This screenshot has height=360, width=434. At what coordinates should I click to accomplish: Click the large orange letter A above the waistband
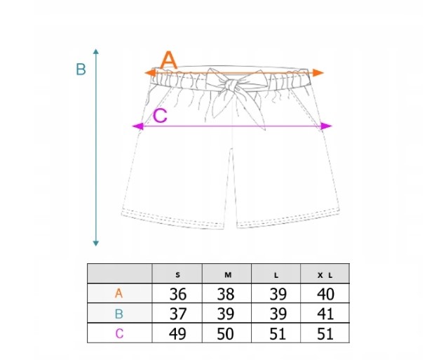[168, 60]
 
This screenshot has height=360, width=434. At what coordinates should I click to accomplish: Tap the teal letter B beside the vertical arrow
[81, 69]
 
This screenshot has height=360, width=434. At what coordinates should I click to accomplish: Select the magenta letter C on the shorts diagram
[160, 115]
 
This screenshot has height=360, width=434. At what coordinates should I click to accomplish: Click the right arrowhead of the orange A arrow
[318, 73]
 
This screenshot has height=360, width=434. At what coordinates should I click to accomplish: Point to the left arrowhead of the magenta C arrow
[138, 126]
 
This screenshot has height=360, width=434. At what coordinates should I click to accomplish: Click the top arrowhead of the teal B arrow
[96, 51]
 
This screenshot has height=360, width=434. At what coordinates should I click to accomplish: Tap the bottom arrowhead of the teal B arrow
[96, 244]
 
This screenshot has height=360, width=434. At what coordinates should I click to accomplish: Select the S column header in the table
[177, 275]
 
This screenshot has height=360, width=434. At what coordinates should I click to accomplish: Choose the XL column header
[325, 275]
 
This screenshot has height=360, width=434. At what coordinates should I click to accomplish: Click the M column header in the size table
[228, 275]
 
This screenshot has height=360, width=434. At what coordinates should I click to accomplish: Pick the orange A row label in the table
[118, 293]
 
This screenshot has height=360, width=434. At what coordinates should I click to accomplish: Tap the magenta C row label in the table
[119, 333]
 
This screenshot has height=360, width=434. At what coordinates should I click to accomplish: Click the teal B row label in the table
[118, 314]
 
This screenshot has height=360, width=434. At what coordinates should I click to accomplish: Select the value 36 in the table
[177, 294]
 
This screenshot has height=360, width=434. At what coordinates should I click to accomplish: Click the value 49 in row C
[177, 333]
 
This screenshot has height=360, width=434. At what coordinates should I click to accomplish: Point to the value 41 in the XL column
[325, 314]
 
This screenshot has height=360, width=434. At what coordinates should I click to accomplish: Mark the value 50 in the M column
[225, 333]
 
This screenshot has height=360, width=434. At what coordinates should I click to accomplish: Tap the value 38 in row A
[226, 294]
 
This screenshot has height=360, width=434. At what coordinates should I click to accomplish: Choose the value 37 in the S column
[177, 314]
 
